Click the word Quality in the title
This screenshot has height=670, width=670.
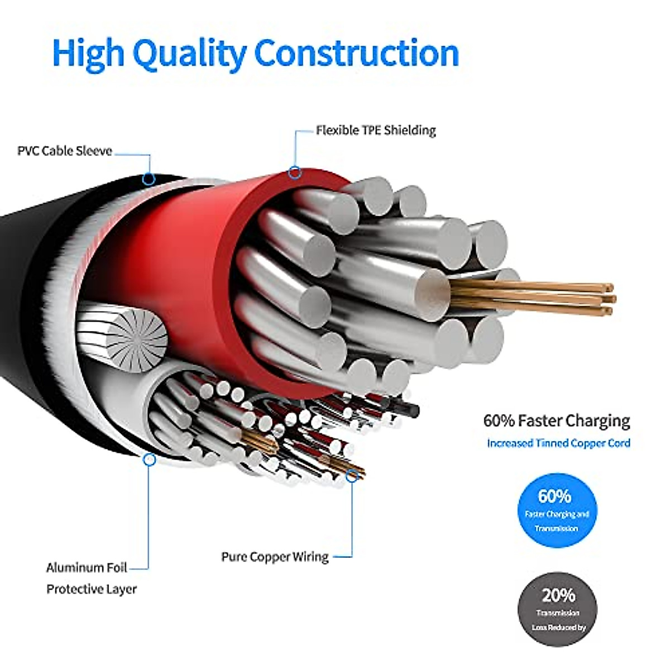click(x=190, y=54)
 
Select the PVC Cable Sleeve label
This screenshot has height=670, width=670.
click(x=65, y=151)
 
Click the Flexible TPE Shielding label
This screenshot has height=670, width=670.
click(x=376, y=131)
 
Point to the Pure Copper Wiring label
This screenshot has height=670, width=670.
click(x=275, y=557)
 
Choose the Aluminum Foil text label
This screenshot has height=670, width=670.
click(x=87, y=568)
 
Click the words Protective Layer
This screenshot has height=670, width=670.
click(x=92, y=589)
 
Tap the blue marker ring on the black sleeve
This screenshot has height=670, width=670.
click(x=148, y=179)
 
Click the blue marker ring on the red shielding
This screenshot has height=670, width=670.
click(x=295, y=173)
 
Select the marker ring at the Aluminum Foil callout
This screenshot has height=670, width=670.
click(x=149, y=460)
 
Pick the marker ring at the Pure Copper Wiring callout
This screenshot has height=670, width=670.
click(x=352, y=476)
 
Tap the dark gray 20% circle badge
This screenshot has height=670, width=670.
click(x=557, y=609)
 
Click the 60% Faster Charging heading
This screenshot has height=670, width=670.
click(x=557, y=420)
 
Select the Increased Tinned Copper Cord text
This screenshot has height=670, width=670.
click(x=558, y=443)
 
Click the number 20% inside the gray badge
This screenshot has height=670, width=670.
click(x=558, y=596)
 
